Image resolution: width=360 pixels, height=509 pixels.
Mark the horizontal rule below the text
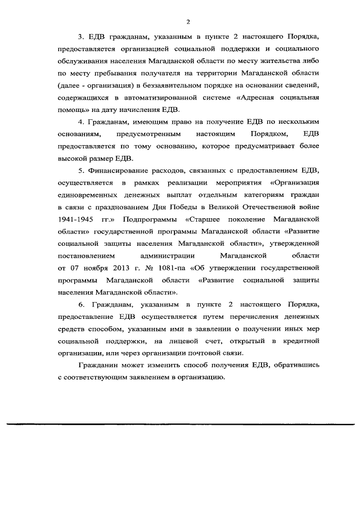coord(180,423)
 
